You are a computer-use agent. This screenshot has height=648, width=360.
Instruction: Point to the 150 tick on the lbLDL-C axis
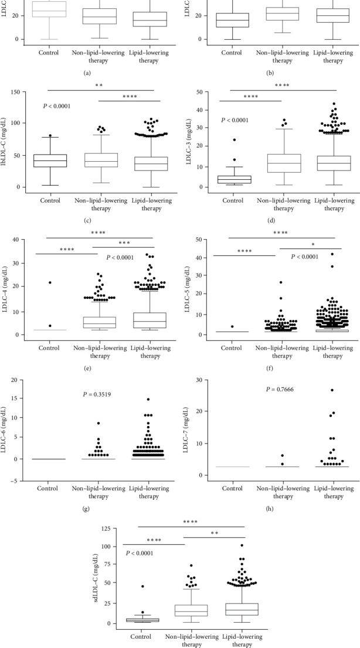point(28,91)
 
